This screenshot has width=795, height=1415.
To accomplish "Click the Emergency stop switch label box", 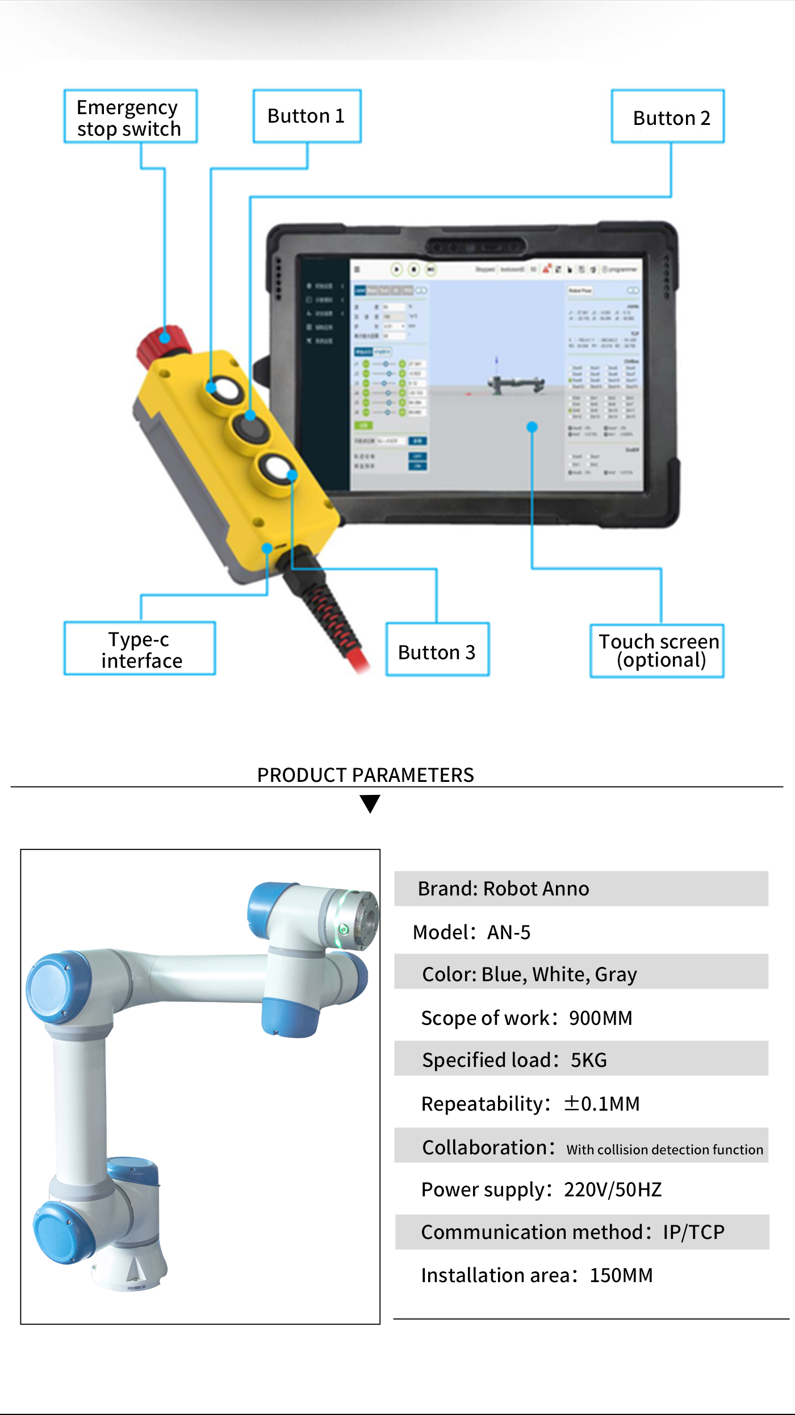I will (x=130, y=117).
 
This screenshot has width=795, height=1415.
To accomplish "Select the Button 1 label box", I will (x=307, y=116).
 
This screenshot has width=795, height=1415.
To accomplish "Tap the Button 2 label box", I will (x=668, y=118).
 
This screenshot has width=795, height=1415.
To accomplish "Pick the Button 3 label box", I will (x=437, y=650).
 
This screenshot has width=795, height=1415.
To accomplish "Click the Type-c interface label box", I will (x=140, y=649).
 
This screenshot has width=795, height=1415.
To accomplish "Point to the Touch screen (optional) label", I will (x=658, y=651).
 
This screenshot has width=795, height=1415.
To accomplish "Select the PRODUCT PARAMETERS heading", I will (x=365, y=775).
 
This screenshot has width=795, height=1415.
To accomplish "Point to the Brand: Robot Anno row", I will (x=581, y=889).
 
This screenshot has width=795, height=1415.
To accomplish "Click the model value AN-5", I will (x=509, y=932).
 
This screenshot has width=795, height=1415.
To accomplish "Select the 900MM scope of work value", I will (x=600, y=1018).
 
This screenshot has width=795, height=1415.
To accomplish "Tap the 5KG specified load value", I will (x=589, y=1060).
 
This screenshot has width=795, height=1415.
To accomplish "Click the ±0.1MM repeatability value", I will (x=602, y=1104).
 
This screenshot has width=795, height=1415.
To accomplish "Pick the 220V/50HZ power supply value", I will (x=613, y=1190).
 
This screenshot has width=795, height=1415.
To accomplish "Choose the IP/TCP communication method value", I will (x=693, y=1232).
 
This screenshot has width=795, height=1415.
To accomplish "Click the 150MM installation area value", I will (x=621, y=1275).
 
